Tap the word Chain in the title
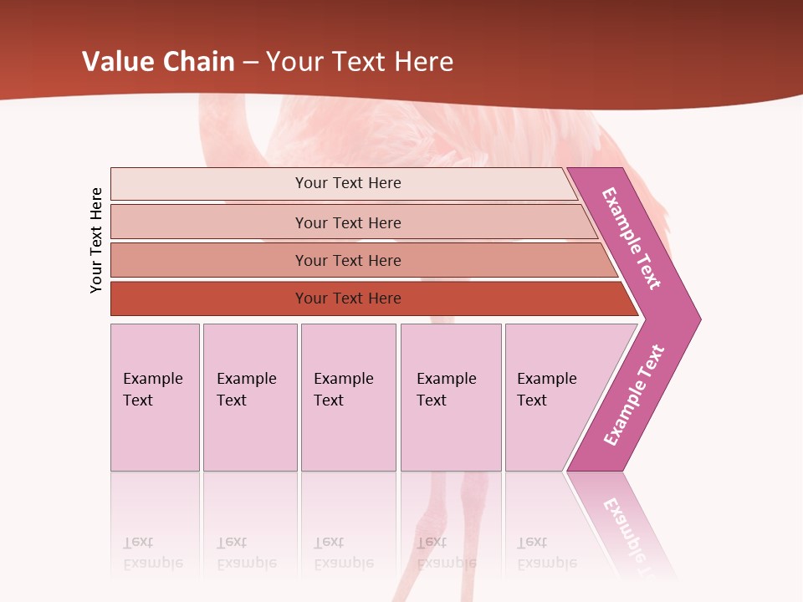[198, 62]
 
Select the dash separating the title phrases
[250, 63]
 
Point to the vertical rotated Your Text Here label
[96, 240]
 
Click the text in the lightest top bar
[348, 183]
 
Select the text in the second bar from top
[348, 222]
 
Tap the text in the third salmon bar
[348, 260]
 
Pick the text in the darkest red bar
[348, 298]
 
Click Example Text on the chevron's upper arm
[632, 238]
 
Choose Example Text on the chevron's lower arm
[633, 395]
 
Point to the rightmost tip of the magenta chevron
[698, 319]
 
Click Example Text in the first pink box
[152, 390]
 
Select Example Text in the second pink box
[246, 390]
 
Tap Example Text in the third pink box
[343, 390]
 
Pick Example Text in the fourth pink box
[446, 390]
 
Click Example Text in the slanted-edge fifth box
[546, 390]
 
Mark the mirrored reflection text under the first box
[152, 553]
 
